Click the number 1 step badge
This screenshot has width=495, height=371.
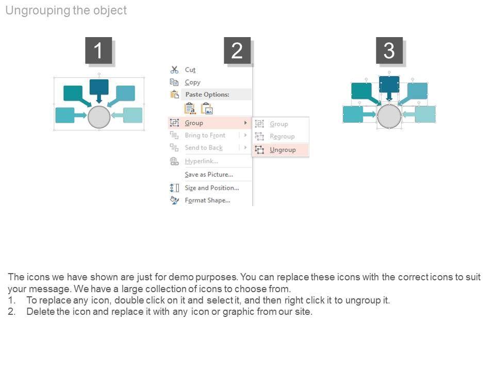tap(98, 51)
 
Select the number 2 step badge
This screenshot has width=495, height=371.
tap(237, 51)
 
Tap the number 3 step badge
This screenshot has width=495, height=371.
tap(389, 51)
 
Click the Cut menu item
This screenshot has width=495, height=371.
tap(190, 70)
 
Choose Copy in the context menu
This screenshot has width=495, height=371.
tap(192, 82)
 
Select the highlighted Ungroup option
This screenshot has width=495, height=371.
tap(283, 150)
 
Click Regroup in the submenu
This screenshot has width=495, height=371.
tap(282, 137)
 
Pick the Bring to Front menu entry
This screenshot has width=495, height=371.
tap(205, 136)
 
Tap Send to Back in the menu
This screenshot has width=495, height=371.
tap(204, 148)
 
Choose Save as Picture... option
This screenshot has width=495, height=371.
tap(208, 175)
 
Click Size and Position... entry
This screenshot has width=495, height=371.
tap(211, 188)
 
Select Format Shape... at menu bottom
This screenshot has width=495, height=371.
tap(207, 200)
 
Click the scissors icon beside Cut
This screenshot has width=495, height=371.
tap(174, 70)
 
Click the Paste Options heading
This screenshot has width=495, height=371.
tap(207, 95)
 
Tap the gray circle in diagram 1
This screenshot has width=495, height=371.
tap(99, 117)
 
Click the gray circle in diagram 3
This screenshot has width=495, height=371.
tap(389, 116)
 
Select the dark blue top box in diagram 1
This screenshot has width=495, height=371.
tap(99, 87)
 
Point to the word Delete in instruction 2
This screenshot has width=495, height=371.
tap(40, 312)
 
